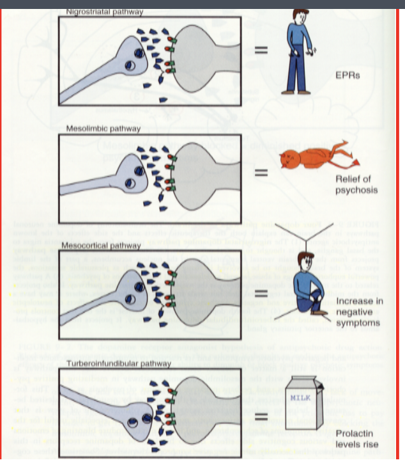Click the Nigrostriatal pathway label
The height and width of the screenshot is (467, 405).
tap(104, 12)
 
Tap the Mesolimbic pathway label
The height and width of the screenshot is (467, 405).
tap(103, 129)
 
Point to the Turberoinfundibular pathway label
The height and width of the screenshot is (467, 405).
tap(114, 364)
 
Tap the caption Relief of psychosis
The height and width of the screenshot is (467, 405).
tap(356, 184)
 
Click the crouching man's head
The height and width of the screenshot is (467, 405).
tap(306, 262)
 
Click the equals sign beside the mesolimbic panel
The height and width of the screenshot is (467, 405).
tap(259, 172)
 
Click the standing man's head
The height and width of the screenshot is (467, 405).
tap(301, 16)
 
